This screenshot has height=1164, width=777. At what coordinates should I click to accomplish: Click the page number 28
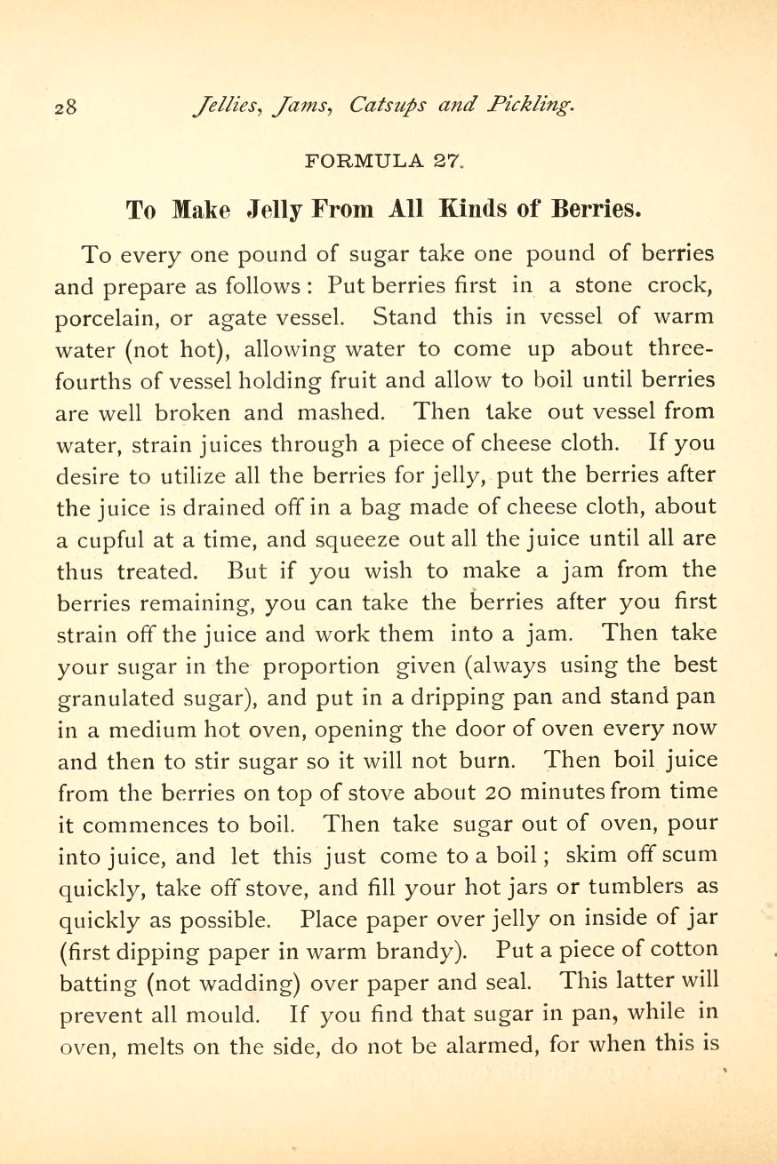pyautogui.click(x=67, y=108)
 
